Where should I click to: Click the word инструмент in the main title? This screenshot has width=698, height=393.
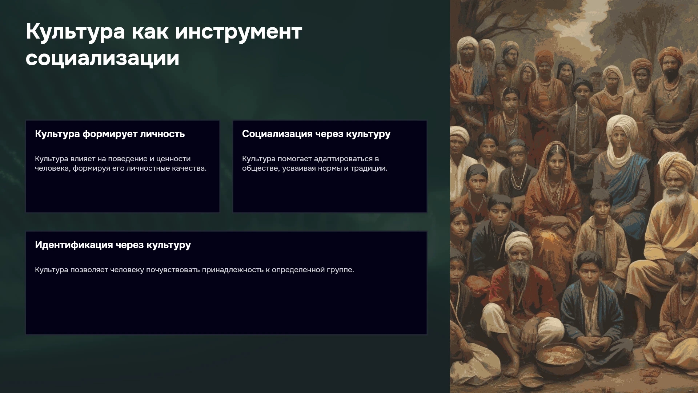point(238,32)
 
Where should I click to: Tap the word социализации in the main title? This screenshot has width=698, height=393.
point(103,59)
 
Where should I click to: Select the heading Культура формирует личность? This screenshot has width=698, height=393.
point(110,134)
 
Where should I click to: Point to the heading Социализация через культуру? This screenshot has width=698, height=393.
point(316,134)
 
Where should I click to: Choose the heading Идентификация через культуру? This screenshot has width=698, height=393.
point(113,245)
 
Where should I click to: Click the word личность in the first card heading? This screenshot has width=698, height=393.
point(163,134)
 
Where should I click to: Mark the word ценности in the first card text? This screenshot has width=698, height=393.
point(173,159)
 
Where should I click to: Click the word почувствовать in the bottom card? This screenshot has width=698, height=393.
point(173,270)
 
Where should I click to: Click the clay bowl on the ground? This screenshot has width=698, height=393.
point(560,358)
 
